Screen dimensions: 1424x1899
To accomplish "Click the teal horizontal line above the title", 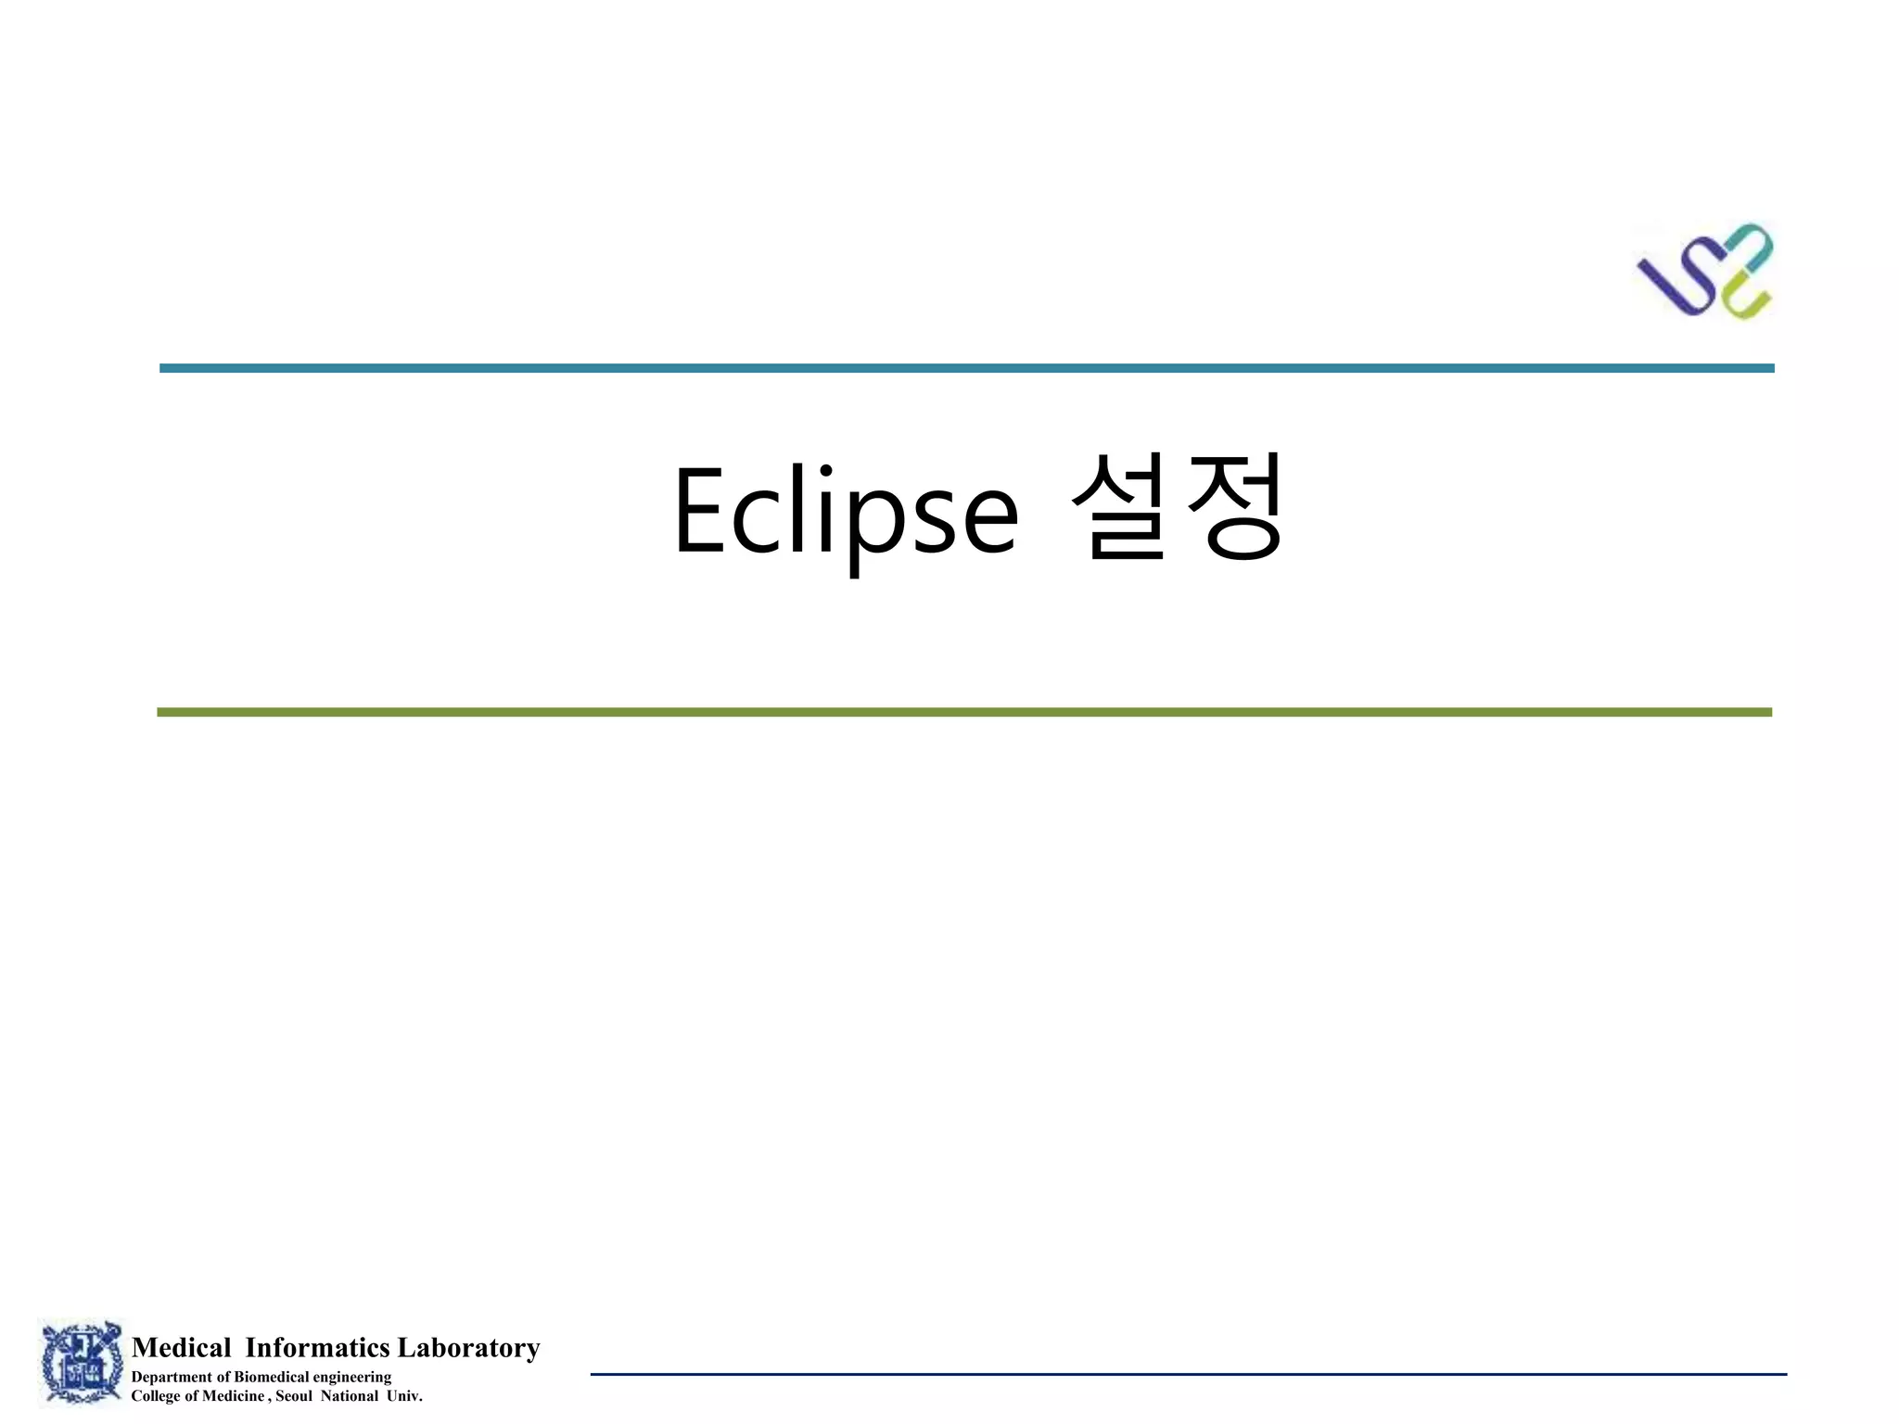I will (x=966, y=368).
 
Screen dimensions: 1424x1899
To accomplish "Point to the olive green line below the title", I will (x=964, y=712).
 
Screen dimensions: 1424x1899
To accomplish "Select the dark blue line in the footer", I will (x=1188, y=1374).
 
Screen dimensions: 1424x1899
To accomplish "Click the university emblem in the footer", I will (x=82, y=1362).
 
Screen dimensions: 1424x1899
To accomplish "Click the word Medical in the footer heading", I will (x=182, y=1347).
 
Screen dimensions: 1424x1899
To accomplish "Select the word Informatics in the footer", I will (x=317, y=1347).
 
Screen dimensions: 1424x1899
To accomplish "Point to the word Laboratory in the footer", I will (x=468, y=1347).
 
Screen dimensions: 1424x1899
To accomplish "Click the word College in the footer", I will (x=156, y=1396).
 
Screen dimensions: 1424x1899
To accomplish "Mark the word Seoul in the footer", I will (x=294, y=1396).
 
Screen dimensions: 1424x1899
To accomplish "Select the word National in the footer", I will (x=350, y=1396).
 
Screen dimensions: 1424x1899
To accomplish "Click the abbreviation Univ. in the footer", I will (x=404, y=1396).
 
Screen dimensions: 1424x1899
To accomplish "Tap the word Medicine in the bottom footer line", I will (x=233, y=1396).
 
